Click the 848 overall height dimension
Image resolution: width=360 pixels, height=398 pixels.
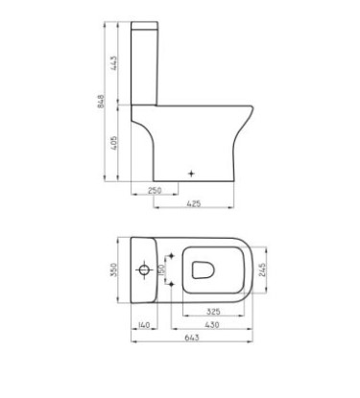[101, 102]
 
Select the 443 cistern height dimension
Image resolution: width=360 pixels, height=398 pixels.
[113, 63]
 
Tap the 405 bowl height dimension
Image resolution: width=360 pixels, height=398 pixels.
[113, 143]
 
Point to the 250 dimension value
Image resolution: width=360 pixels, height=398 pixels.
[155, 190]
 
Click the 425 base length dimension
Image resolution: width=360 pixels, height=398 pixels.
[193, 203]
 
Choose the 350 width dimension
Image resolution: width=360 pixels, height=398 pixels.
[114, 269]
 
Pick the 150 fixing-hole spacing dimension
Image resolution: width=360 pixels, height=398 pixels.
[161, 269]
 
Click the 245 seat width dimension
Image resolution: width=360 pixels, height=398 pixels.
[262, 270]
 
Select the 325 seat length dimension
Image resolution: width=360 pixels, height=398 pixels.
[213, 312]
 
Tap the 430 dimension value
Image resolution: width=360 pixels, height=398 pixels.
[212, 325]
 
